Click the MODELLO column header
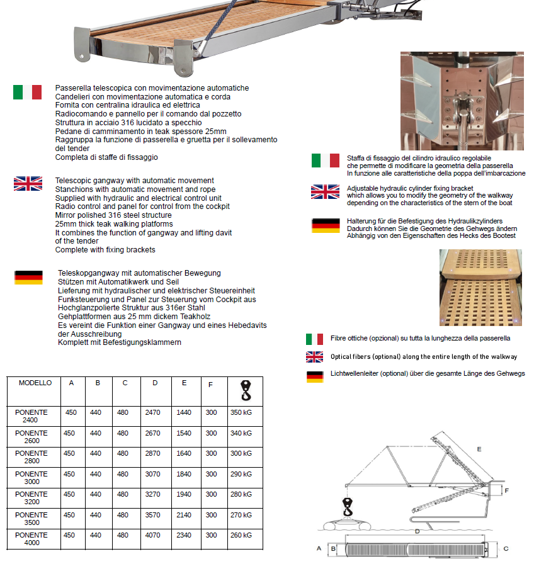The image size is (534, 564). click(35, 383)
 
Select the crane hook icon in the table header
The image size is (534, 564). click(244, 390)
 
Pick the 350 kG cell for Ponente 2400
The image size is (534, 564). click(241, 413)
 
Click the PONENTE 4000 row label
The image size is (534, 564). click(31, 539)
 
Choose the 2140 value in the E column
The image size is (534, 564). click(184, 515)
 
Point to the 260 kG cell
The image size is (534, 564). click(241, 535)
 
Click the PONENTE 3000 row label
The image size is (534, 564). click(31, 478)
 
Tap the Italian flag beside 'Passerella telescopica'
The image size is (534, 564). click(27, 93)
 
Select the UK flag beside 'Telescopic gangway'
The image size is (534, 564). click(28, 184)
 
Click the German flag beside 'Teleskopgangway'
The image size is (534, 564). click(28, 278)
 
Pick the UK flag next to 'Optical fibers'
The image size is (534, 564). click(314, 357)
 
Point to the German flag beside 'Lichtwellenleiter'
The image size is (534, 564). click(314, 377)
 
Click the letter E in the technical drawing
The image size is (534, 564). click(479, 449)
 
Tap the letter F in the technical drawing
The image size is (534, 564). click(507, 489)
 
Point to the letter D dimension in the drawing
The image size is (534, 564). click(417, 531)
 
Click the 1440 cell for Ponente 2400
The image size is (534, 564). click(184, 413)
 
